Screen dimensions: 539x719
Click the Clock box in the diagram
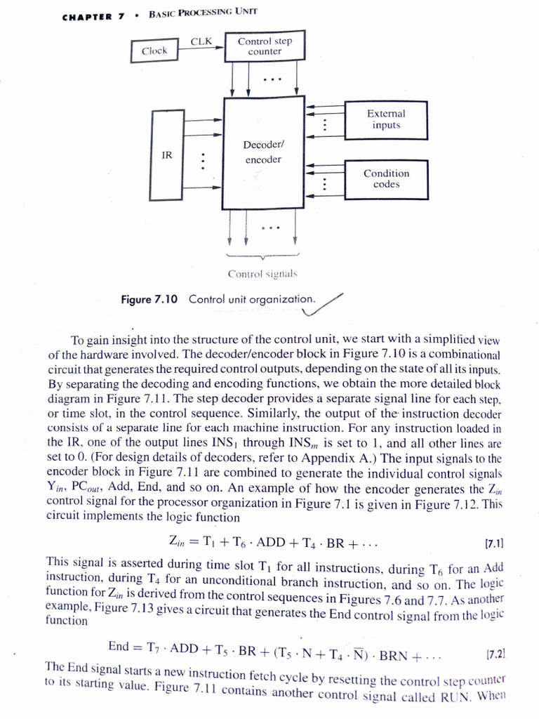pyautogui.click(x=154, y=51)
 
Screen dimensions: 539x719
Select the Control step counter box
pyautogui.click(x=265, y=46)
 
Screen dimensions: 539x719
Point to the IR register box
pyautogui.click(x=167, y=154)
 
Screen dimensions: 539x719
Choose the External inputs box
pyautogui.click(x=386, y=119)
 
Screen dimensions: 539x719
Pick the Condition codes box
pyautogui.click(x=386, y=178)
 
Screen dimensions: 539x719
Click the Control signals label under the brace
pyautogui.click(x=263, y=272)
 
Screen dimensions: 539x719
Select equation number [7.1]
pyautogui.click(x=495, y=543)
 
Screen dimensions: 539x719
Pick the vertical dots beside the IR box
pyautogui.click(x=204, y=161)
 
